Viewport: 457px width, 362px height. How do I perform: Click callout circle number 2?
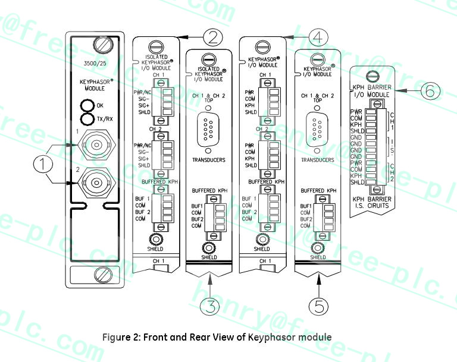[x=212, y=37]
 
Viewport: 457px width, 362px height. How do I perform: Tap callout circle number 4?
[x=318, y=37]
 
